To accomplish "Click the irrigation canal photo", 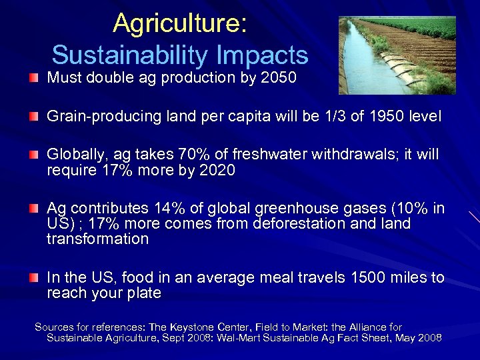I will [397, 55].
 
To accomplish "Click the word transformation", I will [97, 239].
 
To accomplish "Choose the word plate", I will [145, 293].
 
